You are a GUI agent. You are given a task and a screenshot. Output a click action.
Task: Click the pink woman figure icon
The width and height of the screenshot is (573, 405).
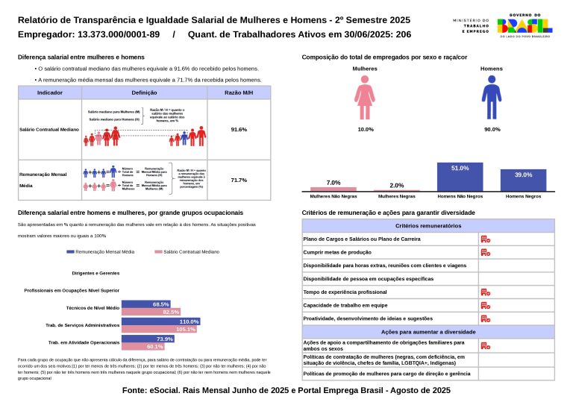(365, 98)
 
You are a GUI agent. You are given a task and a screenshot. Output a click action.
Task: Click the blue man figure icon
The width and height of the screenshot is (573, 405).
(492, 98)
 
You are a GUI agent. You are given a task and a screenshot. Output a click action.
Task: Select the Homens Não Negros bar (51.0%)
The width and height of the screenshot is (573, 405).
(460, 177)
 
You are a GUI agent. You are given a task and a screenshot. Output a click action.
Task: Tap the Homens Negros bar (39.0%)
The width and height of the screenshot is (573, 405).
(522, 180)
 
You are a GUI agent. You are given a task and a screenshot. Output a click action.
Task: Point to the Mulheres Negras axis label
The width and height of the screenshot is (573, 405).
(397, 196)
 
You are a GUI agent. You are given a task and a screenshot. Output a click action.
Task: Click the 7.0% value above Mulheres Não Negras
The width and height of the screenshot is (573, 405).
(334, 183)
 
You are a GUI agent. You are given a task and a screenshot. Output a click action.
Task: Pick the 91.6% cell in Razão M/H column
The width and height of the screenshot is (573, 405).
(239, 129)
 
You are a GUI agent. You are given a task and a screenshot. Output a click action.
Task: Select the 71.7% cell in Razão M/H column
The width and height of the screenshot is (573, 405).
(239, 180)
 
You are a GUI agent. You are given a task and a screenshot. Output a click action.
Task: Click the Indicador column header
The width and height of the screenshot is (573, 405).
(49, 92)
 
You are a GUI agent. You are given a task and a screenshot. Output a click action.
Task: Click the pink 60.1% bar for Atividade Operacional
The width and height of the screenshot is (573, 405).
(143, 347)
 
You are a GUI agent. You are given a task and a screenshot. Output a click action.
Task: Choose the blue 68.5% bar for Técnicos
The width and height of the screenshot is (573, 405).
(146, 304)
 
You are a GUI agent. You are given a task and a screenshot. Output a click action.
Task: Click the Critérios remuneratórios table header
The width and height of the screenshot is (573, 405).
(428, 225)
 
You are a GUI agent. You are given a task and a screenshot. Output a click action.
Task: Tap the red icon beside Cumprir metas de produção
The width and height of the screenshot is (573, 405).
(484, 252)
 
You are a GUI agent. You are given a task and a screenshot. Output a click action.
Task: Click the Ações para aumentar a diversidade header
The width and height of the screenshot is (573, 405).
(428, 330)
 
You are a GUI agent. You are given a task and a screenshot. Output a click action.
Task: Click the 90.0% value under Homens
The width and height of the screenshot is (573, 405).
(492, 129)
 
